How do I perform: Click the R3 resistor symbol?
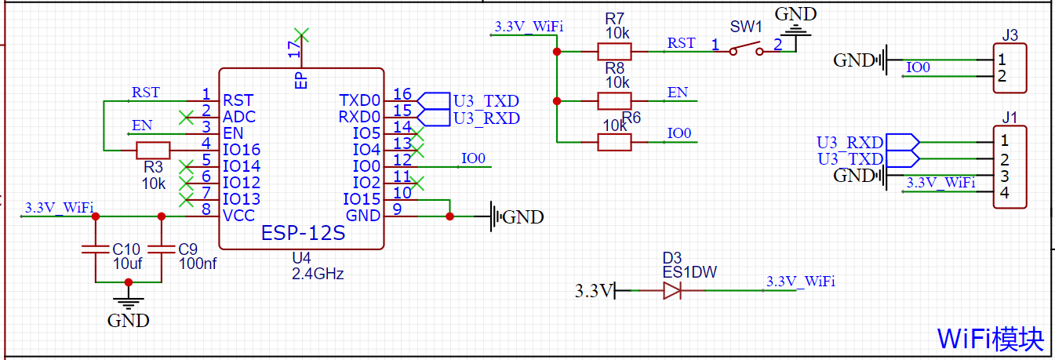coord(153,150)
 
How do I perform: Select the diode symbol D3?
coord(672,291)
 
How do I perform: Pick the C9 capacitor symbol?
coord(162,250)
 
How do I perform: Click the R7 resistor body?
coord(614,52)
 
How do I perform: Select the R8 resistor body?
coord(614,100)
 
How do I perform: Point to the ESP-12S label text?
coord(303,234)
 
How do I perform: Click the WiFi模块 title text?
coord(991,339)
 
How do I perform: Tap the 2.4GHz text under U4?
coord(318,274)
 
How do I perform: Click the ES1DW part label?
coord(689,271)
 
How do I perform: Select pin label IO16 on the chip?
coord(242,150)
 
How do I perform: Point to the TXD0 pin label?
coord(359,100)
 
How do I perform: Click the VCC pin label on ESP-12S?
coord(240,216)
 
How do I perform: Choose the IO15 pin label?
coord(362,199)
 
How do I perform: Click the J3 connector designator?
coord(1010,35)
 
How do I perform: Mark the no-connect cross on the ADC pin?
coord(186,117)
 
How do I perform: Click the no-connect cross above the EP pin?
coord(302,34)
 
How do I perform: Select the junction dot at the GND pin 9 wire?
coord(449,216)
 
